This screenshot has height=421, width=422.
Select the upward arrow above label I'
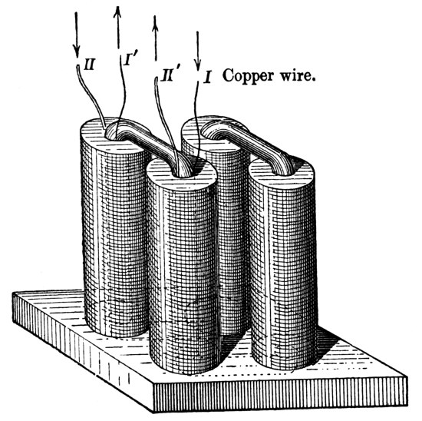click(x=117, y=27)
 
